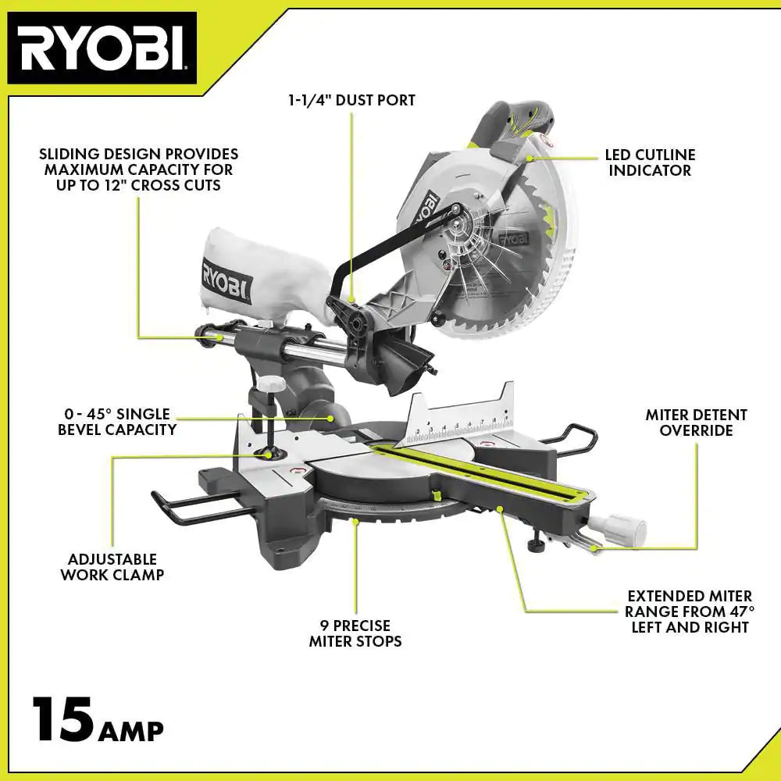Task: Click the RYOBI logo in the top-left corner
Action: click(102, 48)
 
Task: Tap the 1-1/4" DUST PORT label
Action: click(350, 100)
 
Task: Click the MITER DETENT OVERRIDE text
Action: click(696, 423)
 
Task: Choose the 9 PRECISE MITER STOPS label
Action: click(355, 633)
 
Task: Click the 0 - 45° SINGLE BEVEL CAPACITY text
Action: click(117, 421)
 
